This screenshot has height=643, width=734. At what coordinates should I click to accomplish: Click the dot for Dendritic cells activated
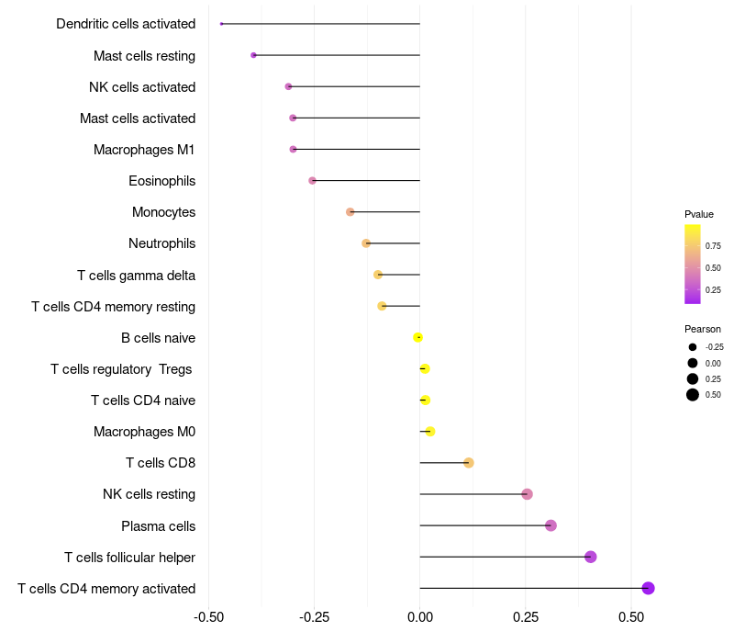221,24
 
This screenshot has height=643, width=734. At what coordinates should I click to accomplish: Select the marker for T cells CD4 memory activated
648,588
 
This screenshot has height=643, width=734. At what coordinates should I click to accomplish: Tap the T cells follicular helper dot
591,557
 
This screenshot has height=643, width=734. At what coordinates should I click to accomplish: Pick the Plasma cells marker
551,525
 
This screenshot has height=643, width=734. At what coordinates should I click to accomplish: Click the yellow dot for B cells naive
417,337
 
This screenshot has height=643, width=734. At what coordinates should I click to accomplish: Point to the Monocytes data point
350,212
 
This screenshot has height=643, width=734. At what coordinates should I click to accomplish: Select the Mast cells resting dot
254,55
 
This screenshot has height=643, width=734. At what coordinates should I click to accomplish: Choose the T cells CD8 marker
469,463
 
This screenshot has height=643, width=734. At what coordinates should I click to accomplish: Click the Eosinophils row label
162,181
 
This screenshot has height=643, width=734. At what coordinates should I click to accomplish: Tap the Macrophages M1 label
144,150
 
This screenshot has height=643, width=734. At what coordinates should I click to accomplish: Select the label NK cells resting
149,494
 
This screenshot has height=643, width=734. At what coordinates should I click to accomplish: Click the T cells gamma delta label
136,275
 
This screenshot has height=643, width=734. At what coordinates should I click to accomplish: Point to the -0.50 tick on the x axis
209,616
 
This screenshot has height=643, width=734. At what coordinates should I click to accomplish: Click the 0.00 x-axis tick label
420,616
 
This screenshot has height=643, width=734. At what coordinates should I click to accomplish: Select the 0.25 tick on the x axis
525,616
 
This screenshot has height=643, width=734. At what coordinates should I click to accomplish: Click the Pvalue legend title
699,214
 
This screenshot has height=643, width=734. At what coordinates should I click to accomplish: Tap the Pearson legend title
703,329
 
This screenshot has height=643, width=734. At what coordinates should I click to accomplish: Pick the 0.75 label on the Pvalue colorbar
713,246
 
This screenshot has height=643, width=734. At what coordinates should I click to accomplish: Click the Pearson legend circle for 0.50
693,395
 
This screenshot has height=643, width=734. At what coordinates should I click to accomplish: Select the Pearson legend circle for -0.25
693,347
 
